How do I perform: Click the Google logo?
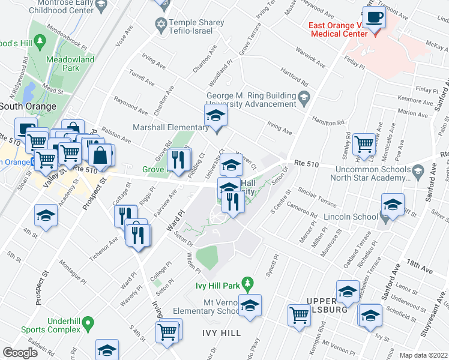(20, 353)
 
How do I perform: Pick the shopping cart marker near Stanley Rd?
(364, 143)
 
